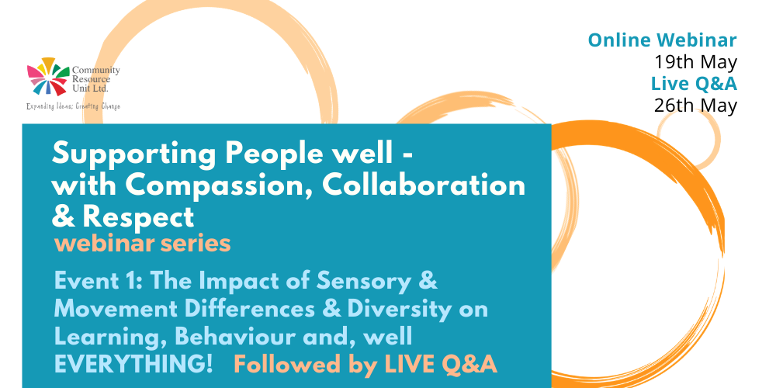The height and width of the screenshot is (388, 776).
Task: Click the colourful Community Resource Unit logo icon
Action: pos(48,77)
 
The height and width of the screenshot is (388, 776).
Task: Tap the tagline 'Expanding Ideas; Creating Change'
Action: pos(73,106)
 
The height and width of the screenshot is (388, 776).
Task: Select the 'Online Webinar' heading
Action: pos(663,40)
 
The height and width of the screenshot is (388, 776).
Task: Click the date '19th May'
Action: pos(696,62)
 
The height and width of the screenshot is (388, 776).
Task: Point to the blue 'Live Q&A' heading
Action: pos(694,84)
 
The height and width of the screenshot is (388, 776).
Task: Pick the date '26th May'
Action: pos(696,106)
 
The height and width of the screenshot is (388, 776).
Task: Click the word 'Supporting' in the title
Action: pos(134,155)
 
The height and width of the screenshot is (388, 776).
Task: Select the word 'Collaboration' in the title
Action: pos(424,185)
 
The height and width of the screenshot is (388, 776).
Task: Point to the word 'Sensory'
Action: pos(362,282)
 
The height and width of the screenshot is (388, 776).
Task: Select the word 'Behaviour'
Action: pos(237,338)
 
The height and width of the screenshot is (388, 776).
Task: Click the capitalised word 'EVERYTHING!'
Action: pos(133,365)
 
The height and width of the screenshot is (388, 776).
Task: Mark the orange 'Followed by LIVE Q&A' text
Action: pos(365,365)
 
